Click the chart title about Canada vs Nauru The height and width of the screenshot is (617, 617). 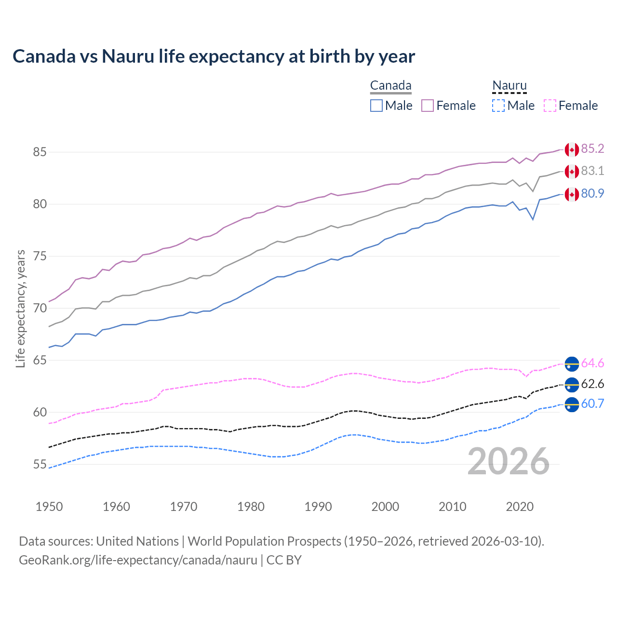pos(214,56)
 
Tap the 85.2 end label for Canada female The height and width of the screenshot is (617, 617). pos(592,148)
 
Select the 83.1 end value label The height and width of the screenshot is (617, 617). pos(592,171)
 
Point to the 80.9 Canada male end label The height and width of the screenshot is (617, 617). pos(592,193)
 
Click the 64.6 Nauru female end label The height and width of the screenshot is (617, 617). pos(592,363)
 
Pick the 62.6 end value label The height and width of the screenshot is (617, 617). pos(592,384)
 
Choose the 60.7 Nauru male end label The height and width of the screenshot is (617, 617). pos(592,403)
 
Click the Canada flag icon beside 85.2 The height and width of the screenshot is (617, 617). pos(572,149)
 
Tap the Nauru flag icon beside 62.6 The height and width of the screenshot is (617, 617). pos(572,385)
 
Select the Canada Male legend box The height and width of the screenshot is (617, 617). pos(376,106)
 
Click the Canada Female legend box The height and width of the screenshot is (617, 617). pos(428,106)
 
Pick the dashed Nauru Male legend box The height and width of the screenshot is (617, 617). pos(498,106)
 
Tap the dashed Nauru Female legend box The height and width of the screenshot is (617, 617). pos(550,106)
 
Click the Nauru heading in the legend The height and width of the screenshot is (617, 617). pos(510,85)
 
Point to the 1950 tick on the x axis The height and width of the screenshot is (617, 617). pos(49,507)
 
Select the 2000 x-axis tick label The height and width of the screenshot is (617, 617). pos(385,507)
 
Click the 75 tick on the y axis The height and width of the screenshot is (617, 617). pos(40,256)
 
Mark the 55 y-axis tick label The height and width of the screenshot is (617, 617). pos(40,464)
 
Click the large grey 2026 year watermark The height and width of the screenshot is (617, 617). pos(509,461)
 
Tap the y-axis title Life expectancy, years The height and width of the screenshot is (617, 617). pos(20,308)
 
